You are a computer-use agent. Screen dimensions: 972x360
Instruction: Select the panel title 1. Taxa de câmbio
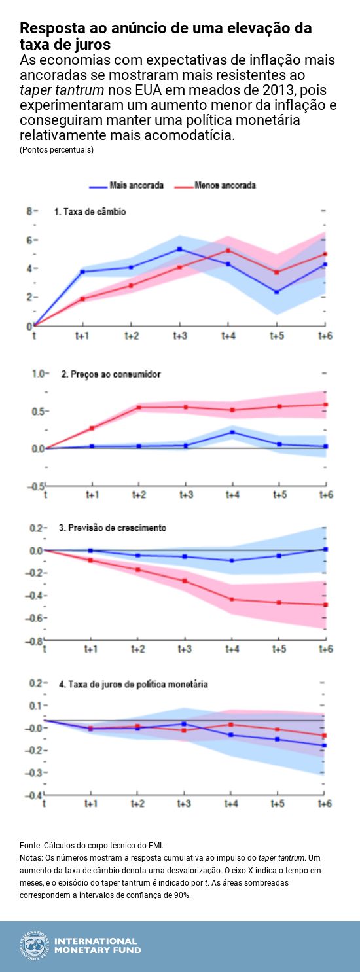coord(90,212)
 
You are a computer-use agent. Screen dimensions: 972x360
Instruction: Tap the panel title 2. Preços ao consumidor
coord(111,374)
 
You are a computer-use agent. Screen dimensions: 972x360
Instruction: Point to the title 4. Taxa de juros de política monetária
coord(134,684)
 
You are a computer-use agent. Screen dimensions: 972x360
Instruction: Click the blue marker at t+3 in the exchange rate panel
coord(179,249)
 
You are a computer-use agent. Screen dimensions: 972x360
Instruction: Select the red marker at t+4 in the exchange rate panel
coord(228,250)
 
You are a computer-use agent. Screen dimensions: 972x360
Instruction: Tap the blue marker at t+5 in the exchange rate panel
coord(277,292)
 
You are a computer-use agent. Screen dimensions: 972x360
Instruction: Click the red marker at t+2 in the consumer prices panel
coord(139,407)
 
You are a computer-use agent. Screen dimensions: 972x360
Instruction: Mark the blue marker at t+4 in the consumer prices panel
coord(232,432)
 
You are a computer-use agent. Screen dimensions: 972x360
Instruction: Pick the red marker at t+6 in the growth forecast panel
coord(325,605)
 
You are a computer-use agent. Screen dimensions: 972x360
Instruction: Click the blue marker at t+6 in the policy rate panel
coord(325,746)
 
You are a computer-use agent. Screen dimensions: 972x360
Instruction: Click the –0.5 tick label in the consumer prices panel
coord(35,485)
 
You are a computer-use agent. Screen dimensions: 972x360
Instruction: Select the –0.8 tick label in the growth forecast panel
coord(35,641)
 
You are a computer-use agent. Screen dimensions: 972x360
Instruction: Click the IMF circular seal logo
coord(34,945)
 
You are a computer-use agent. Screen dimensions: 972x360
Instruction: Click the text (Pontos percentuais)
coord(56,150)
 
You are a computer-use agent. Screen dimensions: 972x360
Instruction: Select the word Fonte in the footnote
coord(30,845)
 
